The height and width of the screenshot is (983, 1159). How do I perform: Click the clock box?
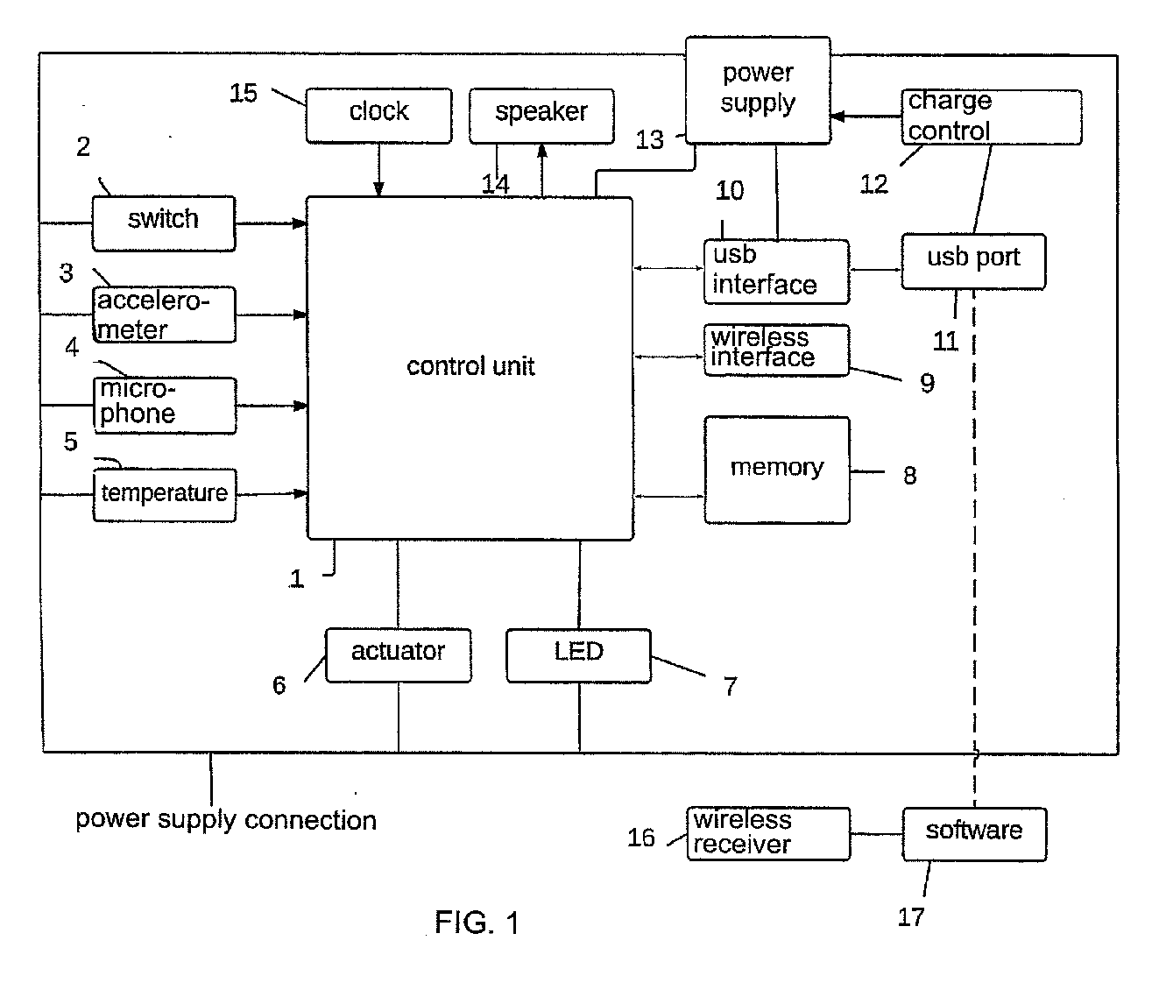click(378, 116)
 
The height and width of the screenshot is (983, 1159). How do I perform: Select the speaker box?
click(541, 116)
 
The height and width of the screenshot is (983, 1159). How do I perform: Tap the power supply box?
click(758, 90)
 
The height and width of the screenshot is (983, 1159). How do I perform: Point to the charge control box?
click(992, 117)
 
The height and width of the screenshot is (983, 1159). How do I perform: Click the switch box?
click(164, 223)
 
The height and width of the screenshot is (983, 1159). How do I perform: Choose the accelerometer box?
click(164, 315)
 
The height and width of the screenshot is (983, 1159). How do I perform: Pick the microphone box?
click(165, 406)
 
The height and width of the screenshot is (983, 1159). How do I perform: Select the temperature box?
click(165, 495)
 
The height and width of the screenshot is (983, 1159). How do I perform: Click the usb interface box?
click(776, 272)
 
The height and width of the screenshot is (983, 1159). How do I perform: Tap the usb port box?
click(973, 261)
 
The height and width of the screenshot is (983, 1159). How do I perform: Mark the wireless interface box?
click(776, 350)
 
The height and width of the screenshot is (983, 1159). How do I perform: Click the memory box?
click(777, 470)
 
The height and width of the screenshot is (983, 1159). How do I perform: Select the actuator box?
click(398, 655)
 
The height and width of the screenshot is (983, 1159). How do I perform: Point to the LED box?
click(579, 655)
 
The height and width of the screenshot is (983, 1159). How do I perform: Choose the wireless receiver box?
click(769, 834)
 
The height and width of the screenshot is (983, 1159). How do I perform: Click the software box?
click(974, 834)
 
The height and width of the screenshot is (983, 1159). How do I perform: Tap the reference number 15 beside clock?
click(244, 93)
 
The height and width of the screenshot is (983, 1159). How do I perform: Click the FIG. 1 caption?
click(477, 923)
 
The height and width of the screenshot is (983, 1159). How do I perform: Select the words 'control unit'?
click(470, 366)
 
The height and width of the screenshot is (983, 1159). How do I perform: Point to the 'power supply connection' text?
click(226, 821)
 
